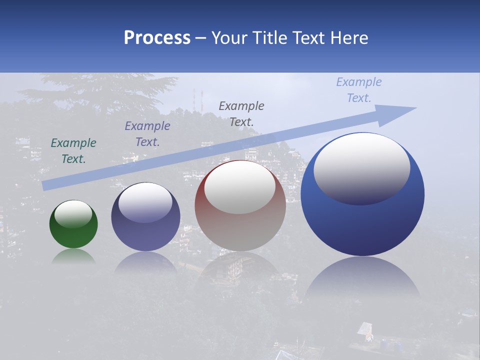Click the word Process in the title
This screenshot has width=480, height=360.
click(157, 37)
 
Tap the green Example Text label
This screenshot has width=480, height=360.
click(73, 150)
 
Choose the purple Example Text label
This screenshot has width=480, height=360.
click(147, 133)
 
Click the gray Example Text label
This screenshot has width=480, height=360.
click(241, 113)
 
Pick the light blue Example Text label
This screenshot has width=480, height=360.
click(359, 89)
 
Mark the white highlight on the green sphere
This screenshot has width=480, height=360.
click(73, 214)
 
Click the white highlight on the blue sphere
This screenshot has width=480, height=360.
click(361, 168)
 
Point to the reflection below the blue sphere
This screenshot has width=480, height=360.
click(362, 280)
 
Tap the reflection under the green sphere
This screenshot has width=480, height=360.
click(73, 256)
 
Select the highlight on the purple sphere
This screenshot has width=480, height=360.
click(145, 202)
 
